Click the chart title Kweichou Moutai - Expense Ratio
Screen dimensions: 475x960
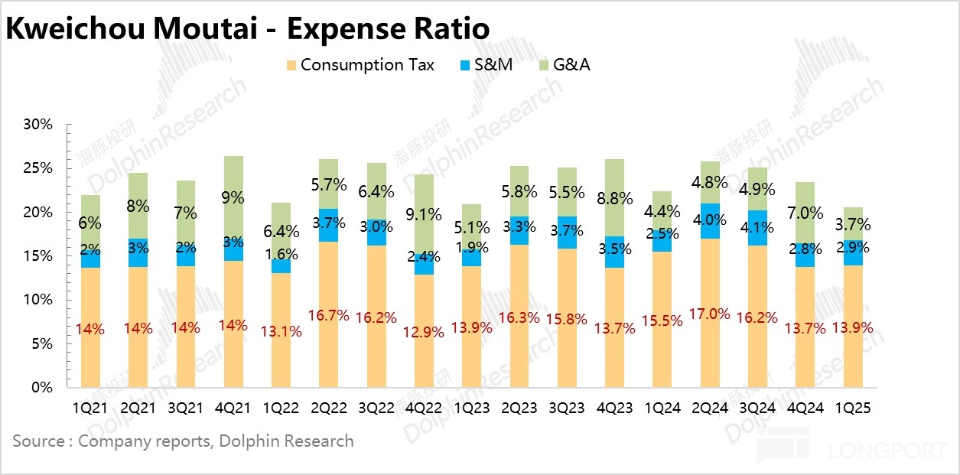248,29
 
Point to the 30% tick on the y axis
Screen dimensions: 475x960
38,124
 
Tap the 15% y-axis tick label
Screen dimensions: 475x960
38,256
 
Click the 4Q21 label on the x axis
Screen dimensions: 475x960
233,408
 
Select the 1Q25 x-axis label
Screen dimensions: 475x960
853,408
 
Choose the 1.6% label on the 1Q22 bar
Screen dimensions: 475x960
281,254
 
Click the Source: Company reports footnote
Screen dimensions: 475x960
183,441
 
